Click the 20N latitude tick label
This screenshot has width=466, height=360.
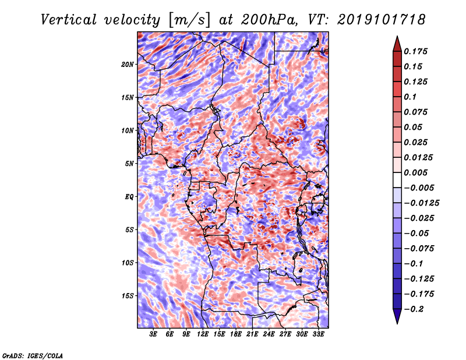click(127, 64)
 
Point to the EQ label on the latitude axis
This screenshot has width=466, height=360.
click(129, 196)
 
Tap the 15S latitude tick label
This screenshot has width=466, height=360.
click(128, 295)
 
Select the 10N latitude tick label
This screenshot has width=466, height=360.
click(128, 130)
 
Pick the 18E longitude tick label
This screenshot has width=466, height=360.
click(235, 334)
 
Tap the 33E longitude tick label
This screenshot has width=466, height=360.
click(318, 334)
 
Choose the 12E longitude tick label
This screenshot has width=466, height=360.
click(202, 334)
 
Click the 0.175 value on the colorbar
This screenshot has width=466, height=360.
click(415, 51)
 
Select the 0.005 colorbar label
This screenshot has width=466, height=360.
click(415, 172)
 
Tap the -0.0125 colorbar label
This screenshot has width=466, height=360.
click(421, 203)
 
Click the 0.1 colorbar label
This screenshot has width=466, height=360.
click(410, 97)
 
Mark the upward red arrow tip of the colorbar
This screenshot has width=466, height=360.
click(397, 37)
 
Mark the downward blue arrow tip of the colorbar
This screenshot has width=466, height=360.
click(397, 323)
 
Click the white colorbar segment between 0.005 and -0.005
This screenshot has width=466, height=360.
click(397, 180)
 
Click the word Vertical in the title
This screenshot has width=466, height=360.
click(69, 20)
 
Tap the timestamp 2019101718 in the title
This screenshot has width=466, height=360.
click(381, 20)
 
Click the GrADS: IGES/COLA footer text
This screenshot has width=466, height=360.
click(33, 355)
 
